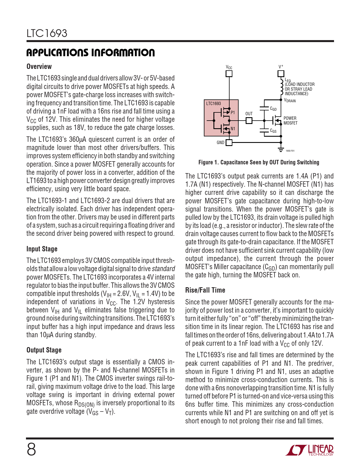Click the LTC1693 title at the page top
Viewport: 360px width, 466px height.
[47, 33]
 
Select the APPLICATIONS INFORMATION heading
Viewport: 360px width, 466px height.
[91, 53]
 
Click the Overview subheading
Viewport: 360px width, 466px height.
[39, 67]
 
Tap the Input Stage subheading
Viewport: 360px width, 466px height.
[42, 249]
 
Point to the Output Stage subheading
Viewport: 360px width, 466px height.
[44, 350]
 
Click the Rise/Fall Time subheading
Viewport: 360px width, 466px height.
[205, 290]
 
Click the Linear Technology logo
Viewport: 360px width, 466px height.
[309, 450]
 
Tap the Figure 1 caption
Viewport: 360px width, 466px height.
[259, 162]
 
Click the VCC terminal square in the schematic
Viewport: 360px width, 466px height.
[229, 74]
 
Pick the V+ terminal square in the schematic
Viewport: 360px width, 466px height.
[281, 74]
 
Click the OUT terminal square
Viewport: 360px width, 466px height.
[249, 121]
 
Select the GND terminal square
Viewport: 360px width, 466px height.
[229, 143]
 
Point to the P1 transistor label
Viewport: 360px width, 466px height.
[233, 112]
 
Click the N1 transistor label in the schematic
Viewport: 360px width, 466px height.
[233, 129]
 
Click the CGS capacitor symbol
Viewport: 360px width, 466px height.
[264, 130]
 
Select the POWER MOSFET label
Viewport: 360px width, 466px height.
[290, 121]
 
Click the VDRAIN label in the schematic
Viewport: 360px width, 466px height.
[290, 101]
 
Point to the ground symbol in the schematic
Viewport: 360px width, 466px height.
[281, 149]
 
